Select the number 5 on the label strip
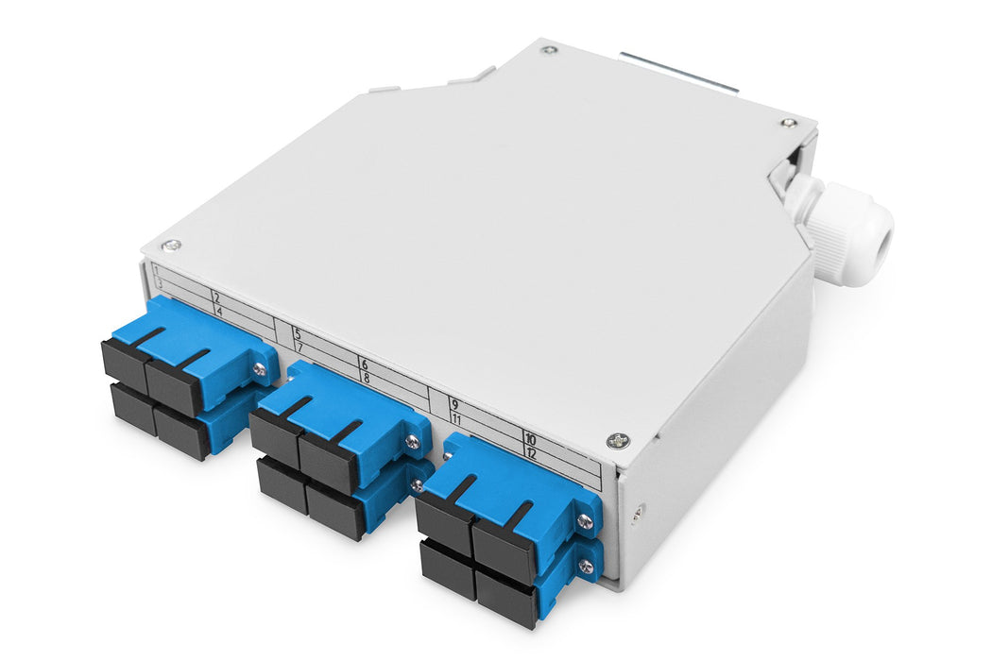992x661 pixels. coord(297,333)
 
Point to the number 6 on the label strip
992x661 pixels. coord(364,364)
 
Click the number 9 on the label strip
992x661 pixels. coord(454,404)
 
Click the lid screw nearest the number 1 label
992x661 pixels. coord(170,246)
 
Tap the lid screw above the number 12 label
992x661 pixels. coord(617,440)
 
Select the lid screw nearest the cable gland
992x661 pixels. coord(788,123)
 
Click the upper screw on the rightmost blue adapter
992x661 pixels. coord(585,521)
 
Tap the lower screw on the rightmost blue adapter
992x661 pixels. coord(585,567)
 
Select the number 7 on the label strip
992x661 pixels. coord(299,347)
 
